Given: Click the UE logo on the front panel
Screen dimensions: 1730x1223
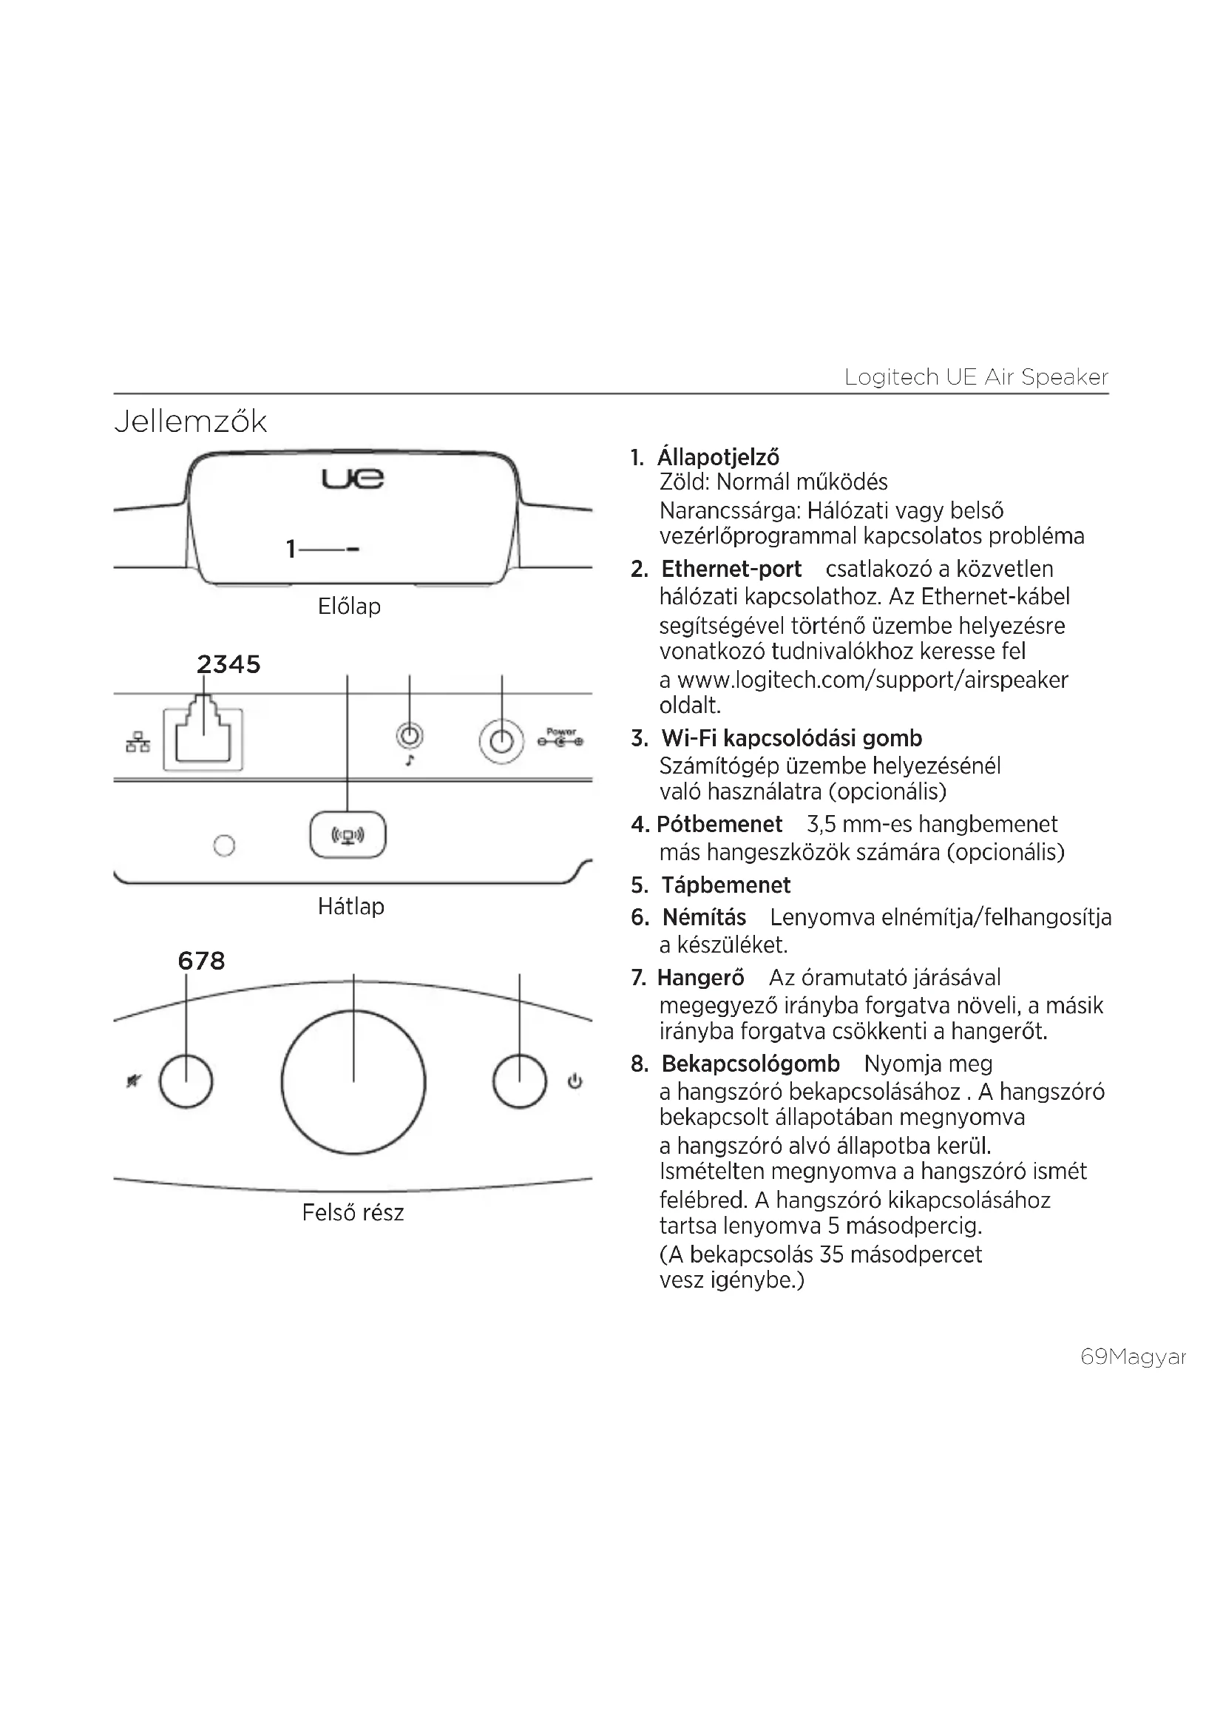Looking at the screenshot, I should pos(353,479).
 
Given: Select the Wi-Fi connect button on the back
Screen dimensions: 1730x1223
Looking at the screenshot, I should pos(348,835).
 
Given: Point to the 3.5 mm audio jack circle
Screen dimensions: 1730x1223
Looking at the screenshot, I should pos(410,735).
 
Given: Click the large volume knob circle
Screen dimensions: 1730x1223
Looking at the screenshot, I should pos(353,1082).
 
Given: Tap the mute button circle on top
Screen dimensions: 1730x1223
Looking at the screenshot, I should pos(186,1082).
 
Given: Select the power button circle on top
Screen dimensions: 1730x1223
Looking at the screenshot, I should pos(520,1082).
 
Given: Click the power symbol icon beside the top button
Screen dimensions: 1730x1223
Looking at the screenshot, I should pos(575,1082).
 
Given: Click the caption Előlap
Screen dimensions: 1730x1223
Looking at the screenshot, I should pos(350,606).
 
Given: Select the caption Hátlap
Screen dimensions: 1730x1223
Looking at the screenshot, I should pos(351,907).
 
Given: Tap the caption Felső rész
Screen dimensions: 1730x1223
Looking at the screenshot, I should pos(353,1212).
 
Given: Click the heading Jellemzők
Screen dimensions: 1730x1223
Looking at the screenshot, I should pos(191,422).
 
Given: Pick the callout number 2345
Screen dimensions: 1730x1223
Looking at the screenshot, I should pos(228,665).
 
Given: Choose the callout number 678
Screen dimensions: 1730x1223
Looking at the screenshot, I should pos(201,961).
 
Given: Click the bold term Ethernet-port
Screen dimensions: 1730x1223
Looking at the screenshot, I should pos(731,569).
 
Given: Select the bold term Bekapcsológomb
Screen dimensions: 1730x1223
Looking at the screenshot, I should pos(750,1064).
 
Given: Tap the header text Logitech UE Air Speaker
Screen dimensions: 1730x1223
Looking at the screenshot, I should pos(976,376).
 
